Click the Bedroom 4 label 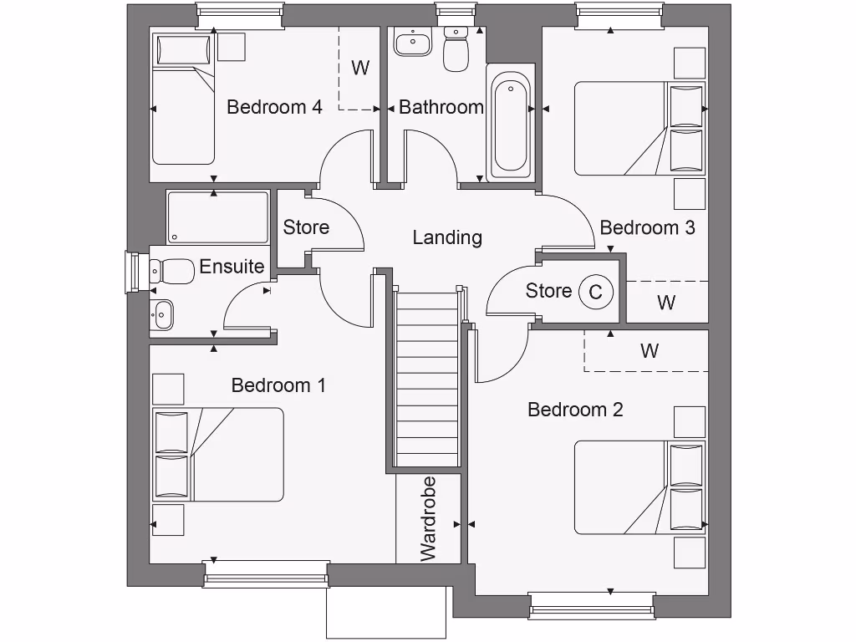tap(274, 107)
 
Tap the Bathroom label tap(441, 107)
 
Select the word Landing tap(447, 237)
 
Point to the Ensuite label tap(232, 267)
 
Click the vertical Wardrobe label tap(428, 519)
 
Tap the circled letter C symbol tap(595, 292)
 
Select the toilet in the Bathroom tap(456, 49)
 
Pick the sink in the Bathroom tap(411, 42)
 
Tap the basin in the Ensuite tap(162, 314)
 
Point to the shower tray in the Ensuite tap(217, 217)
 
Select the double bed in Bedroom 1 tap(218, 455)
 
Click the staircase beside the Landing tap(427, 376)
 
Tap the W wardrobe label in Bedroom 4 tap(359, 68)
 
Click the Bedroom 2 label tap(575, 410)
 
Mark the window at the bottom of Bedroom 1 tap(266, 575)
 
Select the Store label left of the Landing tap(306, 227)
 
